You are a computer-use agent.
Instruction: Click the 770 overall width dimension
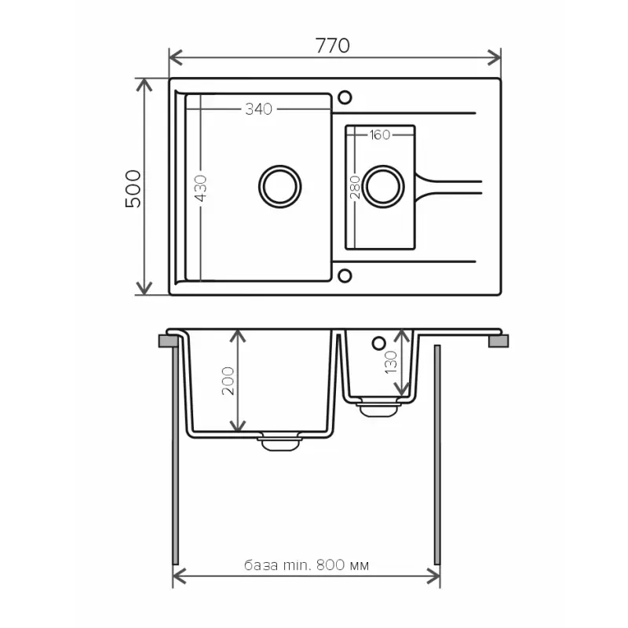pos(332,46)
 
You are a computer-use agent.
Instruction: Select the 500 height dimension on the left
pos(133,188)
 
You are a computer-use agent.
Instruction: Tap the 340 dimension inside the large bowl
pos(257,109)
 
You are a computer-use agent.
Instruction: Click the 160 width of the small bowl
pos(379,135)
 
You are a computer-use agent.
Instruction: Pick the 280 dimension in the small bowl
pos(355,188)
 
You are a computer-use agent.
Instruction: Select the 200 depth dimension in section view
pos(228,382)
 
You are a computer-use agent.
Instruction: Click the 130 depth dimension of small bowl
pos(392,363)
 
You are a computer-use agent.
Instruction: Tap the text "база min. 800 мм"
pos(307,564)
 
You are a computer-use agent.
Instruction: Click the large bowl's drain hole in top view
pos(279,186)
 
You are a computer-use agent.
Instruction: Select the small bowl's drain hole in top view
pos(383,186)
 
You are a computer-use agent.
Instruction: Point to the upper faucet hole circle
pos(344,98)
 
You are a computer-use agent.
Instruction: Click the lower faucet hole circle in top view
pos(344,276)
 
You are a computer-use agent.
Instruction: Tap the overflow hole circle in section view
pos(378,343)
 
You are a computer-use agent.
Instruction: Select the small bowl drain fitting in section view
pos(379,407)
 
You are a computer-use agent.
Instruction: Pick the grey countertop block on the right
pos(498,341)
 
